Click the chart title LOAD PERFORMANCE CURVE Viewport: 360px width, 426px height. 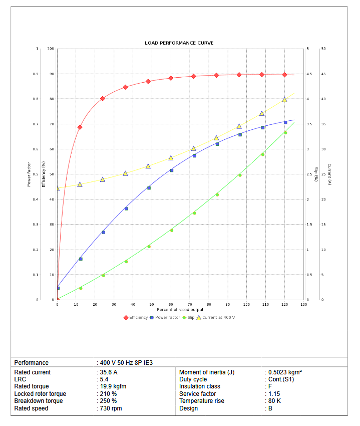179,43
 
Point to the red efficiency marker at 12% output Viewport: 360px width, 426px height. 80,127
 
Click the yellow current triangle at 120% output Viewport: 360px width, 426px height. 284,100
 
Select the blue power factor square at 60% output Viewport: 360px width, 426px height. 172,170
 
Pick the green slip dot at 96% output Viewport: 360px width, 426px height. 240,175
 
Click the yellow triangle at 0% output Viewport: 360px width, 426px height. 58,188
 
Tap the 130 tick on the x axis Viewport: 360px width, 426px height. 303,305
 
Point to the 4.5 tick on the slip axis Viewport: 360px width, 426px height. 309,74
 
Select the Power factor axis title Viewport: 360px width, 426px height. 29,174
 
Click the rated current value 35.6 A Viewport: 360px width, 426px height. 109,372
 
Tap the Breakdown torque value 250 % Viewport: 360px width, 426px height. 108,401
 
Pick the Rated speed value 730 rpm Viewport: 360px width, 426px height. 111,408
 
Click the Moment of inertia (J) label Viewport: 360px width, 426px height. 207,372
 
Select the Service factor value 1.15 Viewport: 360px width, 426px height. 273,394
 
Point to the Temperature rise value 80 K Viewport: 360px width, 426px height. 274,401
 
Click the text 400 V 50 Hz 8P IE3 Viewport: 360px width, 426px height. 126,362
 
